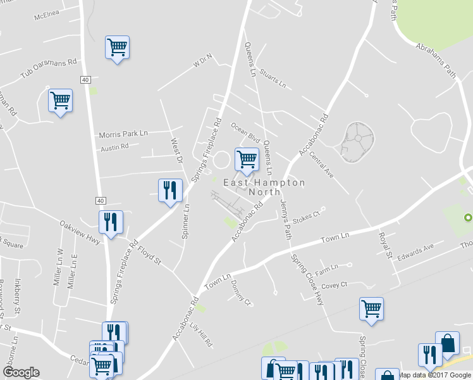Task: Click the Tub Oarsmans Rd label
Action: (48, 69)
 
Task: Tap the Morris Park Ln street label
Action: (123, 134)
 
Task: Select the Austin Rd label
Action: (114, 147)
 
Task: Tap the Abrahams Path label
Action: (436, 61)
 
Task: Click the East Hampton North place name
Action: (264, 187)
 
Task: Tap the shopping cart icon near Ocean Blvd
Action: (246, 158)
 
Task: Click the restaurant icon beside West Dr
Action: (169, 191)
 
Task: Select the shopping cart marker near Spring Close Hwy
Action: (371, 309)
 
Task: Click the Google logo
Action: (21, 372)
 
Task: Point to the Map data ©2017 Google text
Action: (434, 375)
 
